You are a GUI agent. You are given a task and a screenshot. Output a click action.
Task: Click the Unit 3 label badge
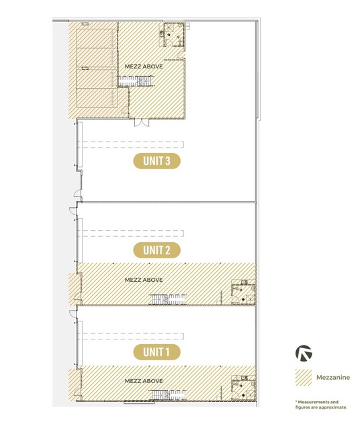tap(156, 161)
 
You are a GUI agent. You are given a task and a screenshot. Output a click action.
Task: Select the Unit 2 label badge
tap(156, 250)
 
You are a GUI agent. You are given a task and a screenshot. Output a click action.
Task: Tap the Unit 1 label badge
tap(156, 352)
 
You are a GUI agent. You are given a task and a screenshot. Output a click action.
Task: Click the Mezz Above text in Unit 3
tap(144, 66)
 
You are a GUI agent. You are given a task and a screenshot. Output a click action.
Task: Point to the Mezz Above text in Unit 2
tap(144, 280)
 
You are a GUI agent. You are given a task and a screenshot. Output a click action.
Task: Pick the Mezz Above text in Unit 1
tap(144, 381)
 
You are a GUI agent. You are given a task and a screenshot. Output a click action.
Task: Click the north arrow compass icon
tap(304, 353)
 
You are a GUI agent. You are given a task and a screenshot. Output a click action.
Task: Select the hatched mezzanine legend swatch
tap(304, 377)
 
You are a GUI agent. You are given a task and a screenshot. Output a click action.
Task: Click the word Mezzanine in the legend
tap(333, 377)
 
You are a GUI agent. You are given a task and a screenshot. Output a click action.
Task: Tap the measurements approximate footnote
tap(321, 405)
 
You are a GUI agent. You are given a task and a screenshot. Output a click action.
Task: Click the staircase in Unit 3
tap(136, 81)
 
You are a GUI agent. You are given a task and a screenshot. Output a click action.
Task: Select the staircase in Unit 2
tap(169, 299)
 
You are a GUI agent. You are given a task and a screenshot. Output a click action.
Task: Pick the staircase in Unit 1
tap(169, 394)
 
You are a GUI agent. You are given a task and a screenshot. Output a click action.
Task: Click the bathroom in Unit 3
tap(174, 34)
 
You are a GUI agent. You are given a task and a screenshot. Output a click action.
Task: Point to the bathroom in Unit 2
tap(243, 294)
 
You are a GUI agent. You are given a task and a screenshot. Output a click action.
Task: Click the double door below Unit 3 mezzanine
tap(142, 123)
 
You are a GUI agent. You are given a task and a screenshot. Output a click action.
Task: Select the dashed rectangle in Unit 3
tap(131, 145)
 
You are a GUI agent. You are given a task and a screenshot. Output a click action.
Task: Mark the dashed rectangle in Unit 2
tap(131, 233)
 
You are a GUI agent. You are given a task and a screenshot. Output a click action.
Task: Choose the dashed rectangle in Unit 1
tap(131, 336)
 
